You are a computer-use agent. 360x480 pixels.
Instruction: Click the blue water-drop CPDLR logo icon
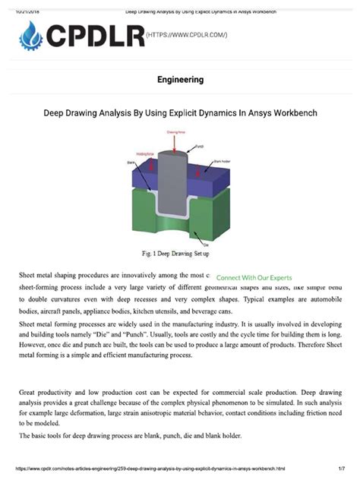(33, 35)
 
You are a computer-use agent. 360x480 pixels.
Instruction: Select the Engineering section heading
(180, 80)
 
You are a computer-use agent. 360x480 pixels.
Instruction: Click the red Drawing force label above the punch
(174, 132)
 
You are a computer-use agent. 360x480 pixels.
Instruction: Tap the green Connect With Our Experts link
(254, 278)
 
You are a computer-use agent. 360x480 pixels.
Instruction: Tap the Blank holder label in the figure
(220, 162)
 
